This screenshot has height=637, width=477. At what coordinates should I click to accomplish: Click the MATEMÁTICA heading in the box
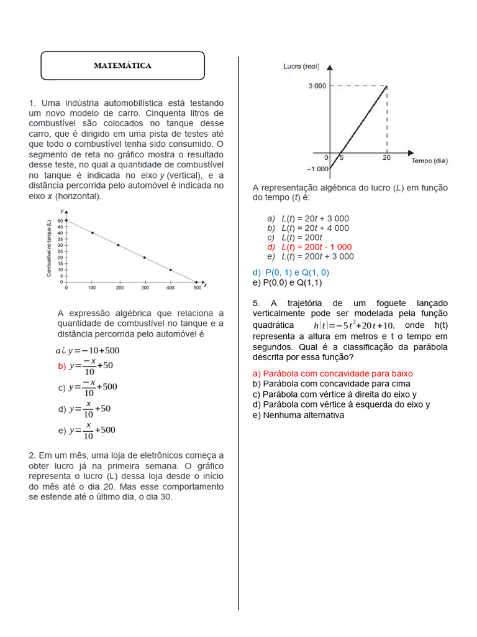pos(122,65)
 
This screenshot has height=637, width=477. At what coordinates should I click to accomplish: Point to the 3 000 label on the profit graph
pos(317,86)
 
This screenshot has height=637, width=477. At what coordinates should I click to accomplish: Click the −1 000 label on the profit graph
pos(317,169)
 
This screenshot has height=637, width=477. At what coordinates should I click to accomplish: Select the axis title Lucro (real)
pos(301,66)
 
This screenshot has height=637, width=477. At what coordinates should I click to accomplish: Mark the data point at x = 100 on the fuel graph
pos(93,233)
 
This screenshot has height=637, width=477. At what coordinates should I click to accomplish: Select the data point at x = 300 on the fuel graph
pos(145,258)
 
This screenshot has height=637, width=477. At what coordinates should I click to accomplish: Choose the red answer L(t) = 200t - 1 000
pos(309,247)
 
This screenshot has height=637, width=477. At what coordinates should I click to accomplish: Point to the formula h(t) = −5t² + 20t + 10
pos(353,326)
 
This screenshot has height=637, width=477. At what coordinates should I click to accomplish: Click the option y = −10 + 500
pos(88,350)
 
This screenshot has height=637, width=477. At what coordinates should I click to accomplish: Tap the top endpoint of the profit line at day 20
pos(387,86)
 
